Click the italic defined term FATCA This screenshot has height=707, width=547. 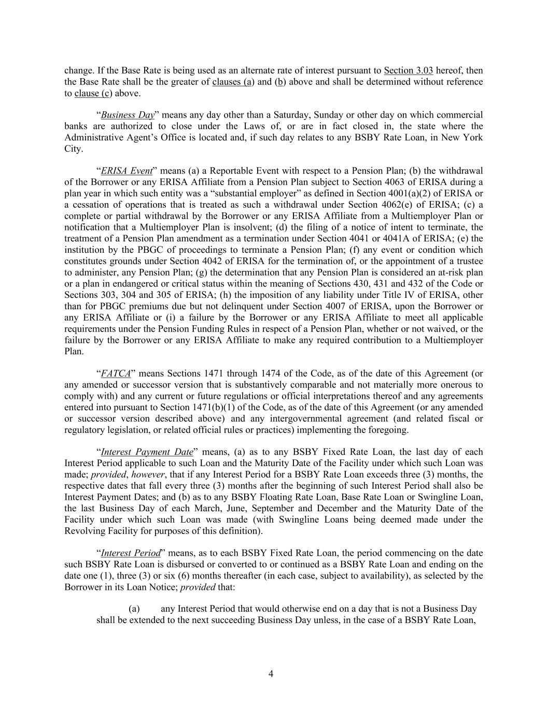(116, 373)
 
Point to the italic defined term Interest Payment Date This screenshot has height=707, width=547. (147, 452)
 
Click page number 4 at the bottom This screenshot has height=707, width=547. (271, 673)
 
